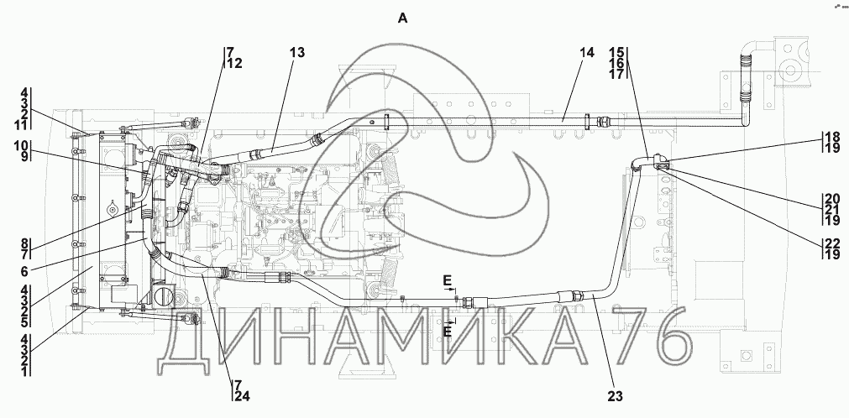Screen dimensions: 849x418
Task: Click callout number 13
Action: click(296, 53)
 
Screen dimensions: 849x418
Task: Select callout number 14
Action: click(586, 53)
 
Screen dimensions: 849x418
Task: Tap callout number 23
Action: click(615, 396)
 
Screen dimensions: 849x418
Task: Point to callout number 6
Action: click(25, 272)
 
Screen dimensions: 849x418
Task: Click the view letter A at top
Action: click(402, 18)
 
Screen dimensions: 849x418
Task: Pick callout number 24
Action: click(243, 396)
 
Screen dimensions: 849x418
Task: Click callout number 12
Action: click(234, 63)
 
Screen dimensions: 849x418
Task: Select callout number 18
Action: click(832, 137)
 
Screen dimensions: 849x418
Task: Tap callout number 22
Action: click(832, 243)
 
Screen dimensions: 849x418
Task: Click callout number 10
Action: click(21, 146)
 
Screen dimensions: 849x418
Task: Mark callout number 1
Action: click(25, 371)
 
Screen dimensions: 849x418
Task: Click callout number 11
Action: click(21, 125)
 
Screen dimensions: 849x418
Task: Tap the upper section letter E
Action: click(447, 280)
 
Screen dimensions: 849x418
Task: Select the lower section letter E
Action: click(448, 332)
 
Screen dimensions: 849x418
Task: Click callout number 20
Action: click(832, 199)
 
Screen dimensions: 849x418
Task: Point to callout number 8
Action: click(25, 243)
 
